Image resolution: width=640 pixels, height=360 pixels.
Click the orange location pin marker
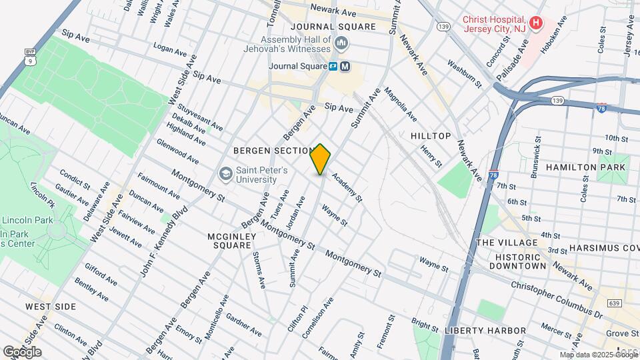point(321,159)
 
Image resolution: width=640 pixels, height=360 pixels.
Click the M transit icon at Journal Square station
point(345,66)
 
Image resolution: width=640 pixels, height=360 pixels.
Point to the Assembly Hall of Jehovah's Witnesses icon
point(342,44)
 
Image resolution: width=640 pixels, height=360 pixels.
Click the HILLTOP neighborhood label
point(431,136)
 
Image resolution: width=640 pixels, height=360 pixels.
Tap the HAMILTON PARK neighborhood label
point(586,167)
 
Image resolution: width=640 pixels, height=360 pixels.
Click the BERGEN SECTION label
point(273,151)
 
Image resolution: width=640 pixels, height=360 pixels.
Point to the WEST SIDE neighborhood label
point(51,307)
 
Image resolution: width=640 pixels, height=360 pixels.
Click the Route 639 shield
point(613,303)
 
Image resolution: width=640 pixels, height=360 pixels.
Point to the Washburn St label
point(464,74)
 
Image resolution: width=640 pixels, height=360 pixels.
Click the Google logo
point(22,351)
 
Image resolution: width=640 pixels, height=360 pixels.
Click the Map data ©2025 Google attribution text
point(599,355)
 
